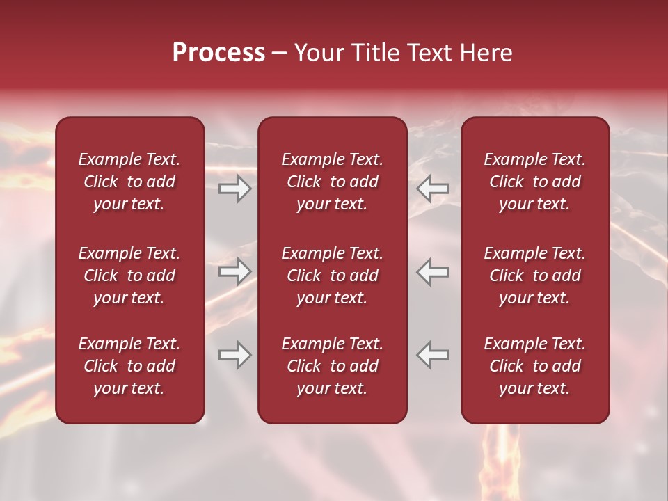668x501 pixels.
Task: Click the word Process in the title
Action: tap(218, 53)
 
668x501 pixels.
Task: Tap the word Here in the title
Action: tap(486, 53)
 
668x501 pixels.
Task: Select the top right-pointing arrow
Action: tap(234, 189)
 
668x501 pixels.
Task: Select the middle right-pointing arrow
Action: tap(234, 271)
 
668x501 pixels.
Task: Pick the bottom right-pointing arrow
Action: tap(234, 355)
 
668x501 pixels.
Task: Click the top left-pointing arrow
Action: tap(433, 189)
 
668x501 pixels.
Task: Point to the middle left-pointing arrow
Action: tap(433, 271)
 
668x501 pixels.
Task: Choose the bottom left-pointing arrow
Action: tap(433, 355)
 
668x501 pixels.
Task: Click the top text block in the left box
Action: tap(129, 182)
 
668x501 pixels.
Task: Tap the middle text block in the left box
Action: tap(129, 276)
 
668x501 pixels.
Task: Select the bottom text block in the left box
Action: tap(129, 366)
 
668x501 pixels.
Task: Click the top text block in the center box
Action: tap(333, 182)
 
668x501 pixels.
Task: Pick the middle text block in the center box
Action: tap(333, 276)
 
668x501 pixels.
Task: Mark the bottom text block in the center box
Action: tap(333, 366)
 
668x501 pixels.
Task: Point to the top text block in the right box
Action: tap(535, 182)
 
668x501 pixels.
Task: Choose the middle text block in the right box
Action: tap(535, 276)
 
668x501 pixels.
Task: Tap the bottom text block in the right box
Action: tap(535, 366)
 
